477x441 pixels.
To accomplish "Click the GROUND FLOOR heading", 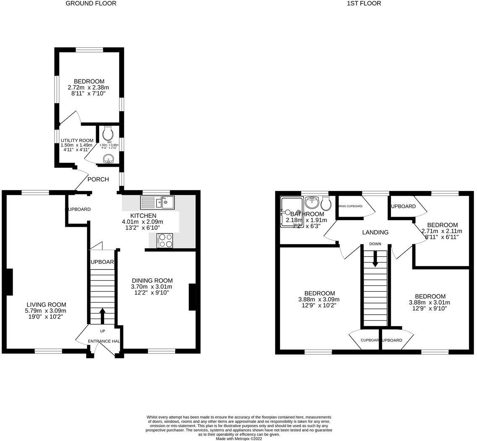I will (91, 3).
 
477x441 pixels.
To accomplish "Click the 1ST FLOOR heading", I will (364, 3).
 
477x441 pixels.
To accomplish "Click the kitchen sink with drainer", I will (157, 203).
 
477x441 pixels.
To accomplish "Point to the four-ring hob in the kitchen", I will (165, 240).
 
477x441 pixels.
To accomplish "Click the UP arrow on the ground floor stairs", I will (102, 316).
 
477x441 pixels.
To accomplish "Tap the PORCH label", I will (98, 179).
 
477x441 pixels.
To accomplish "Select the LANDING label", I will (375, 232).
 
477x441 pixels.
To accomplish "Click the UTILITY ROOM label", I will (77, 141).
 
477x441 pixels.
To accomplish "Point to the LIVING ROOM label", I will (46, 305).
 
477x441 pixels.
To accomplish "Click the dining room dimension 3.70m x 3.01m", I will (152, 287).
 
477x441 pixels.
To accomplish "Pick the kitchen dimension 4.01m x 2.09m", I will (142, 222).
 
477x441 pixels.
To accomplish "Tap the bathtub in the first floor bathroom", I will (291, 212).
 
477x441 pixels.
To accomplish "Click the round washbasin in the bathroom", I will (312, 204).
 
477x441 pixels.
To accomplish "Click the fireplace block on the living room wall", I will (9, 282).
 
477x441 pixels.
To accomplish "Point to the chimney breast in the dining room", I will (192, 297).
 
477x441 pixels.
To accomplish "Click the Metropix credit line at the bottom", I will (238, 438).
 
